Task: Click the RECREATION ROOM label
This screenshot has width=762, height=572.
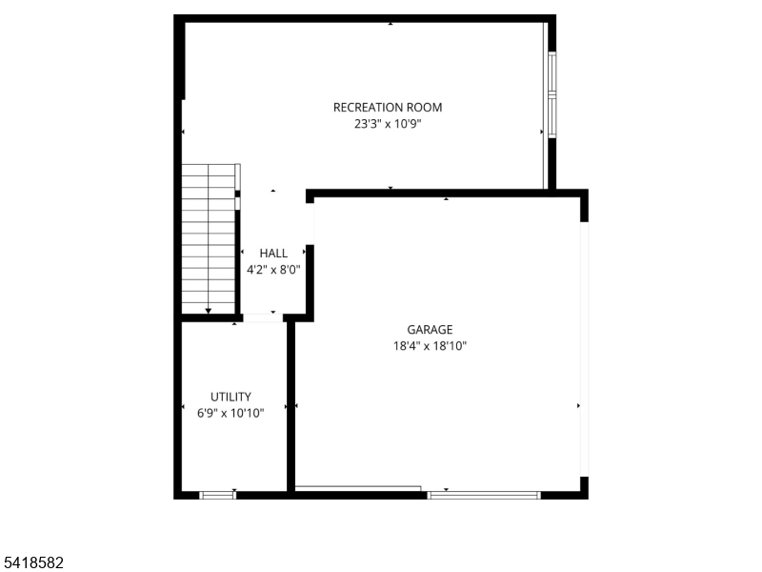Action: [387, 108]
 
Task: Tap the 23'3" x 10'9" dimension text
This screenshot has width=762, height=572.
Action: [387, 124]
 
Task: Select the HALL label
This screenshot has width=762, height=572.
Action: [273, 254]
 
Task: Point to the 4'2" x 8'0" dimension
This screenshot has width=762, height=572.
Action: [273, 270]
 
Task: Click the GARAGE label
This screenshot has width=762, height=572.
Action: [431, 330]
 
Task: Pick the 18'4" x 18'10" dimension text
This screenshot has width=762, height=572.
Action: [431, 346]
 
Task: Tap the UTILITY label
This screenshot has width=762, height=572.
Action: [231, 397]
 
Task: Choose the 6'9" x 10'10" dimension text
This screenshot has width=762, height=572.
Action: [231, 413]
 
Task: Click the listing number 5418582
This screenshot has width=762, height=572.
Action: [32, 563]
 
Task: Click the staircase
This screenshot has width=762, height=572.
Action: [209, 238]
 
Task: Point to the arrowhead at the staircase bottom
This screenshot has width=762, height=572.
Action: [209, 311]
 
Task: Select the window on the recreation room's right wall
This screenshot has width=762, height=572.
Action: [551, 94]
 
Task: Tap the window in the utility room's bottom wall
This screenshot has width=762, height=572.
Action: [217, 494]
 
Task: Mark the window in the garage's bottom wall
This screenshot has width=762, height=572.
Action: [484, 494]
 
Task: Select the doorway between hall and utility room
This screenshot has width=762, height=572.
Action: [263, 317]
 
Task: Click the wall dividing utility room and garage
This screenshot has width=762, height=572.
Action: [291, 406]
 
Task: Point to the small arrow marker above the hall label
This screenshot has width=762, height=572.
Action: [273, 192]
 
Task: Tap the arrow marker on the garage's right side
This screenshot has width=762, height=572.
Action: [578, 406]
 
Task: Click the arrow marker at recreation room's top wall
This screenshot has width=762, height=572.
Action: [391, 24]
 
